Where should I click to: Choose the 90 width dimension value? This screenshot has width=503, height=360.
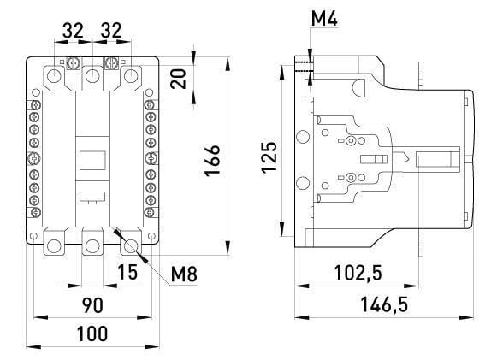click(93, 305)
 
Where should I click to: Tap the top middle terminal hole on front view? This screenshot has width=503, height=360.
click(92, 77)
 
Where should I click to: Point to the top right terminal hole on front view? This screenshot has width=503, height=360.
click(130, 77)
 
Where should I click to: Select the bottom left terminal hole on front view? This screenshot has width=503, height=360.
click(55, 247)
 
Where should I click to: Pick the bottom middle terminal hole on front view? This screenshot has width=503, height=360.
click(92, 247)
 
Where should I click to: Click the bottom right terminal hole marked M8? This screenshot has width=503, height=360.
click(130, 247)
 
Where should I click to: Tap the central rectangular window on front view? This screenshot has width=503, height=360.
click(92, 159)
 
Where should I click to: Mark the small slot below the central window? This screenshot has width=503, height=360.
click(92, 195)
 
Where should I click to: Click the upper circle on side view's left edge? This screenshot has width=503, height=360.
click(300, 137)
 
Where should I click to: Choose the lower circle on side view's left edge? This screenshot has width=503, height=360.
click(300, 182)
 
